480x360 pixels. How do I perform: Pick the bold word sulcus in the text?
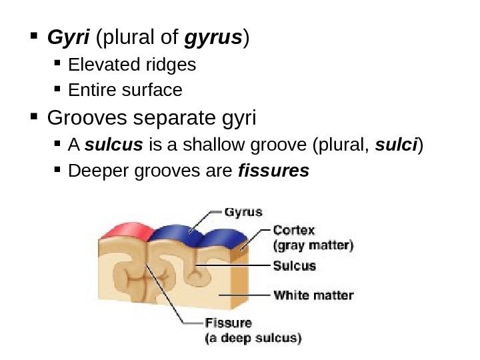(114, 144)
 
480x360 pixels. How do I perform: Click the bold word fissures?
(273, 171)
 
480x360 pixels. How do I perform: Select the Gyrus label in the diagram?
(243, 213)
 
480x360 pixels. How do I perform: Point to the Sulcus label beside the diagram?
(295, 266)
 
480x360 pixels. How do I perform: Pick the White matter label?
(313, 294)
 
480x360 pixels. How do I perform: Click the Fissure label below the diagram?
(228, 323)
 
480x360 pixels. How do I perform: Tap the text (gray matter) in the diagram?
(313, 245)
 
